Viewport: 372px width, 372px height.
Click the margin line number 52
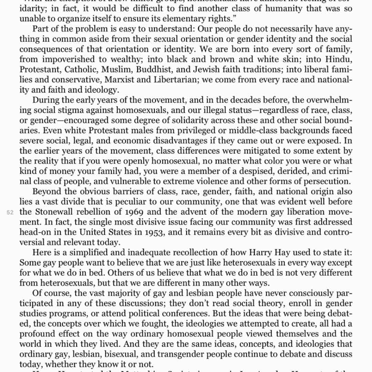point(10,213)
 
